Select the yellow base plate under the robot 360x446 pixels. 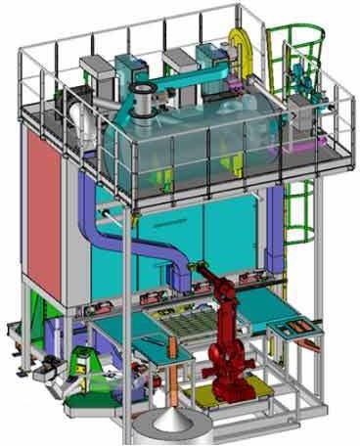point(217,396)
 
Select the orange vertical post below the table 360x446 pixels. point(176,377)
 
